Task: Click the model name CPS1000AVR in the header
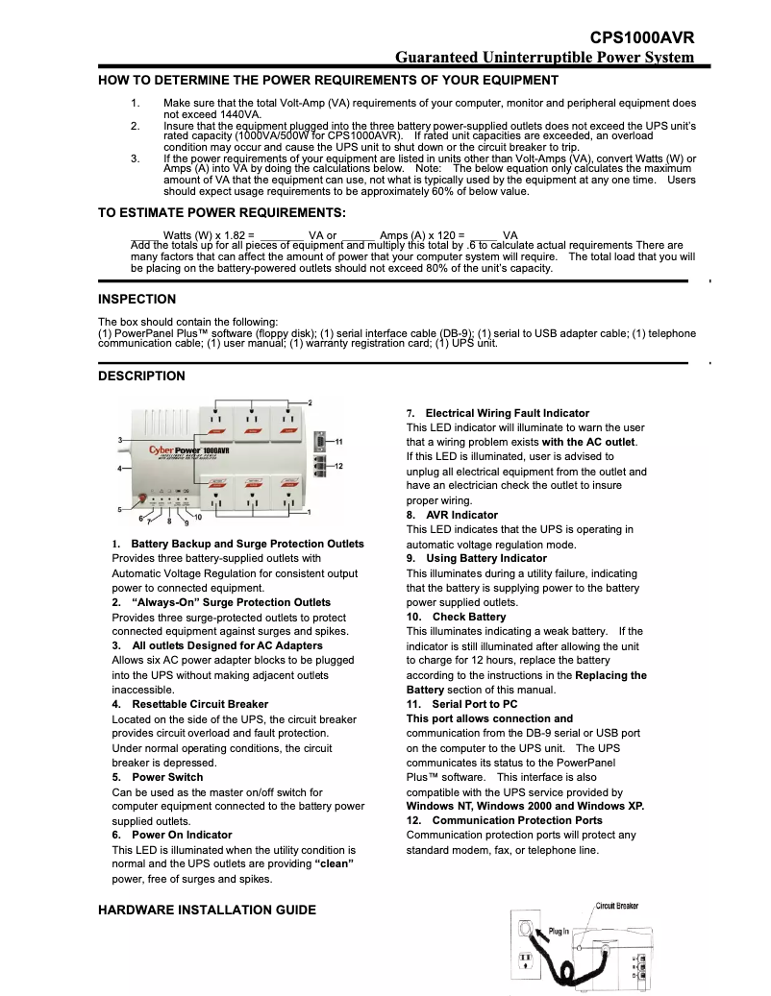point(642,37)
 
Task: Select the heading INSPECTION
point(137,299)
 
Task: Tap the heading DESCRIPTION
point(141,376)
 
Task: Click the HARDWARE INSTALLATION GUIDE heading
point(207,909)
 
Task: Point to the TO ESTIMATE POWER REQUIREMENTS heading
point(221,212)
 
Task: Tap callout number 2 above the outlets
point(310,401)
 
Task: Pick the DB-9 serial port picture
point(321,441)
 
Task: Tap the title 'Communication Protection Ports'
point(517,820)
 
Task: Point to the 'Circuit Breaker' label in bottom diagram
point(616,906)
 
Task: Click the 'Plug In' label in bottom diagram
point(559,931)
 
